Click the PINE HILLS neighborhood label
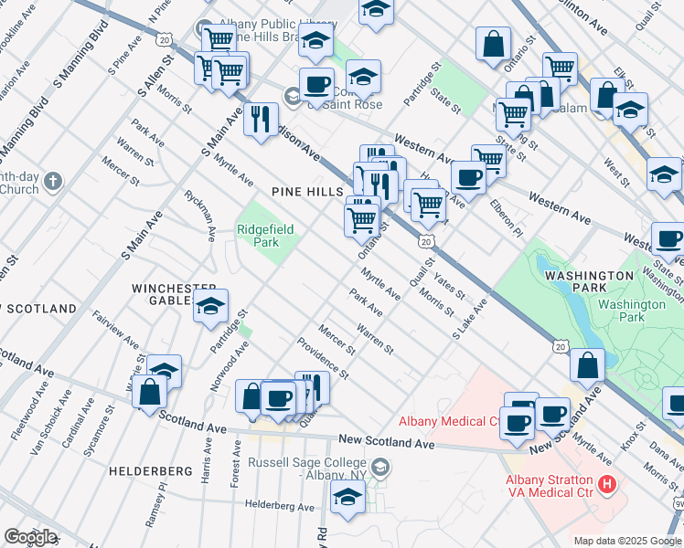click(x=306, y=192)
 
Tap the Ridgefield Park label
click(x=266, y=236)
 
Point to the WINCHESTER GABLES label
click(x=174, y=294)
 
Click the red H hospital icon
click(x=604, y=483)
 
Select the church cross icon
click(x=54, y=180)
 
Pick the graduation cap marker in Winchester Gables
click(x=210, y=307)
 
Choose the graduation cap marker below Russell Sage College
click(x=347, y=497)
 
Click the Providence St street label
click(x=324, y=359)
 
